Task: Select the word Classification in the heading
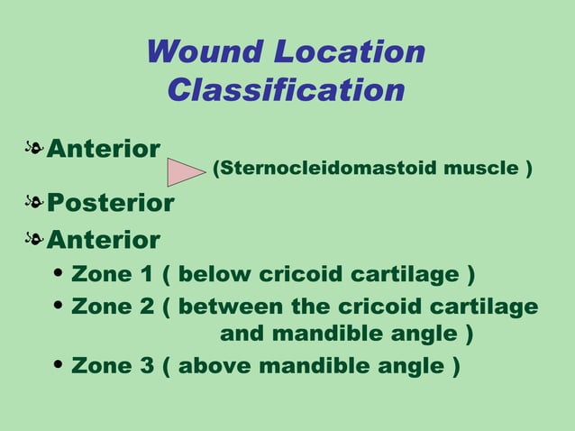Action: tap(286, 90)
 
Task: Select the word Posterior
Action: tap(110, 203)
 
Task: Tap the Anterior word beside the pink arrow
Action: tap(104, 148)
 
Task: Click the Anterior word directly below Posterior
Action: tap(104, 240)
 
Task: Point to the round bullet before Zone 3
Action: tap(59, 367)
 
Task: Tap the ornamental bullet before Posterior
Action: tap(34, 203)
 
